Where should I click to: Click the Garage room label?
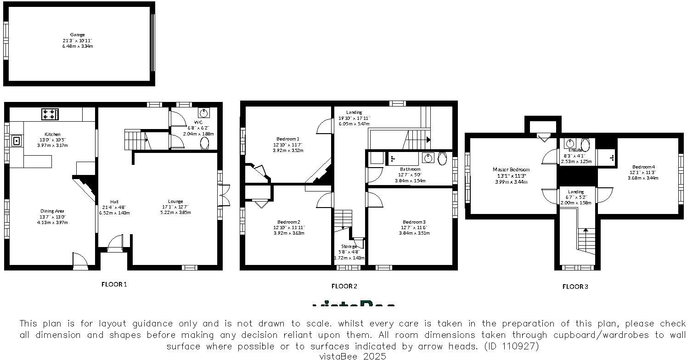77,34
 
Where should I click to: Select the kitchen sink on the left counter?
17,141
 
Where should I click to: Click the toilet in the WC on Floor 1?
205,144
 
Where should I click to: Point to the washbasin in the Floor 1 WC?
203,113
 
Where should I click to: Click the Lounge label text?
175,201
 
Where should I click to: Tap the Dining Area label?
52,211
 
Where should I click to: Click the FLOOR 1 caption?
114,284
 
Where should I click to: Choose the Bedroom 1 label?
288,139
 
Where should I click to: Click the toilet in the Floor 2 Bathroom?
442,158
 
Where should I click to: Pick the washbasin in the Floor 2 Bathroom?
428,158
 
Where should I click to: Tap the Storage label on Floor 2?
349,246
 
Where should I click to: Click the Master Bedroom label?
511,169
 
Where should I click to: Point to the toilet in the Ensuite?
585,144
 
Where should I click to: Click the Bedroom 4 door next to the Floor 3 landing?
605,195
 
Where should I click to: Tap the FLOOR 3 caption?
575,287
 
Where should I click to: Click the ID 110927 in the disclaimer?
511,346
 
